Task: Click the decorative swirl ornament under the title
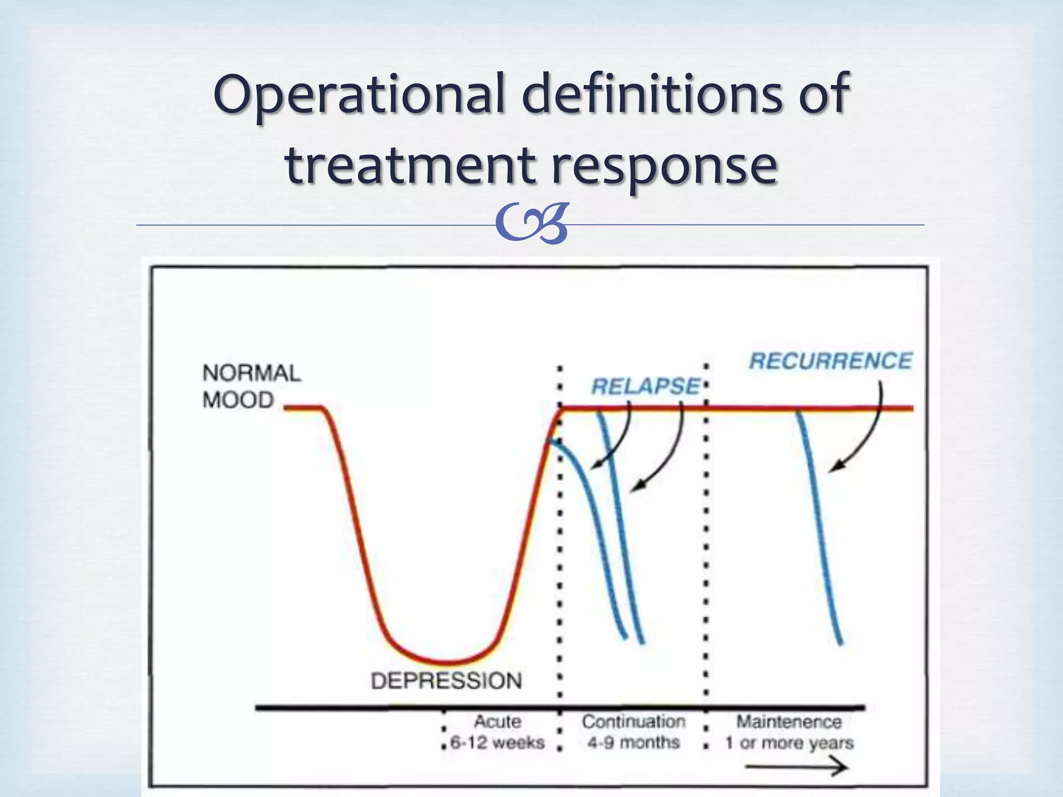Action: [x=532, y=224]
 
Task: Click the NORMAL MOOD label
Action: [x=251, y=387]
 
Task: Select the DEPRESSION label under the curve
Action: [x=446, y=681]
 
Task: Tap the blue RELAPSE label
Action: [x=645, y=387]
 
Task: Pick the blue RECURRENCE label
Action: [x=830, y=361]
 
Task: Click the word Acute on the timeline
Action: [x=497, y=721]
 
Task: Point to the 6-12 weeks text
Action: [x=497, y=743]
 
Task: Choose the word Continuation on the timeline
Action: [x=633, y=721]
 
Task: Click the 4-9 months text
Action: [x=633, y=743]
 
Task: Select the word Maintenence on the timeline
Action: [x=789, y=721]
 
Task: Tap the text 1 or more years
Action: [x=789, y=743]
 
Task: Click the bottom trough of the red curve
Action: [x=446, y=663]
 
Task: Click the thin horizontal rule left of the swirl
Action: [x=311, y=225]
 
